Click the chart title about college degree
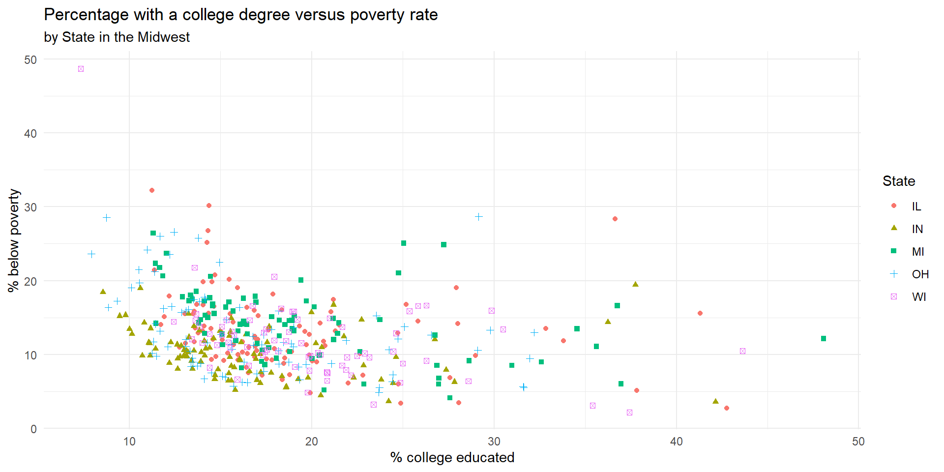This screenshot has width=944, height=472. pos(240,15)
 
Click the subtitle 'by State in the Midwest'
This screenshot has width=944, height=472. pos(117,37)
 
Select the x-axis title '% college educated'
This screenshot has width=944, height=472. pos(452,457)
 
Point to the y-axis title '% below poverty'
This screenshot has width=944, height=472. pos(14,240)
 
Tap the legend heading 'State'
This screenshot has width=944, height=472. pos(898,181)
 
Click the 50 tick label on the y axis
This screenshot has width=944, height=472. pos(30,60)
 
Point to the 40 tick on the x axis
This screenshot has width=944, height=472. pos(676,442)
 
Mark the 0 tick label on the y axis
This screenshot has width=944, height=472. pos(33,429)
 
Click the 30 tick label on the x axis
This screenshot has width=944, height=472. pos(494,442)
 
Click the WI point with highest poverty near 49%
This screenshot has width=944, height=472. pos(81,69)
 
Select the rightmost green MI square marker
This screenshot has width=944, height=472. pos(824,338)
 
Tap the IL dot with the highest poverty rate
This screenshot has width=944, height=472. pos(152,190)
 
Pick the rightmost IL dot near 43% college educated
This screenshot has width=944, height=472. pos(727,408)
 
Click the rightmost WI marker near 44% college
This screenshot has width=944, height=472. pos(742,351)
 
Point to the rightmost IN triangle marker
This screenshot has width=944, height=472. pos(715,401)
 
